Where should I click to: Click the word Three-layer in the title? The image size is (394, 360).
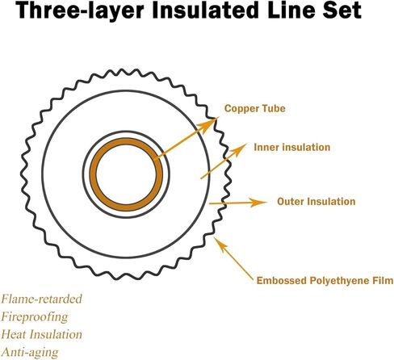(x=80, y=10)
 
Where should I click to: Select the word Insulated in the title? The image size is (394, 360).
(x=205, y=10)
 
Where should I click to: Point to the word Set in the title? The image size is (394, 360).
(x=342, y=10)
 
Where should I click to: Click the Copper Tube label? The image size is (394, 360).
(x=254, y=109)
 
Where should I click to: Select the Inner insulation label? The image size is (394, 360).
(x=292, y=147)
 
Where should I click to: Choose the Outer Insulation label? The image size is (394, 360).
(x=316, y=202)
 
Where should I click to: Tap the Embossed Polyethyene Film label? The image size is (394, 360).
(x=325, y=281)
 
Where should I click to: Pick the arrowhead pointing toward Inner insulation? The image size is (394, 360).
(x=239, y=149)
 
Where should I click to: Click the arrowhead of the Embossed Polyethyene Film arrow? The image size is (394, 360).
(x=220, y=244)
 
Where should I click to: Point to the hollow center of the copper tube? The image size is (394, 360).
(x=126, y=174)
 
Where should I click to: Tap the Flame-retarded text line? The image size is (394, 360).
(x=41, y=299)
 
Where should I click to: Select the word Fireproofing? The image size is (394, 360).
(x=35, y=317)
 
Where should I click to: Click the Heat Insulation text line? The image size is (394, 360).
(x=41, y=334)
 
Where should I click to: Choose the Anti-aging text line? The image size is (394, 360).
(x=30, y=353)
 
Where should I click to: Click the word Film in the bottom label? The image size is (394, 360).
(x=383, y=280)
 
